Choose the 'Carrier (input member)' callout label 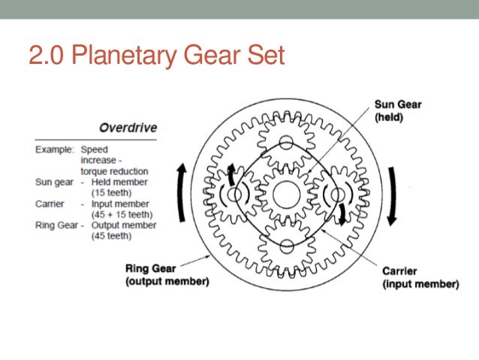(x=420, y=278)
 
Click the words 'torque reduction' (x=117, y=171)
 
